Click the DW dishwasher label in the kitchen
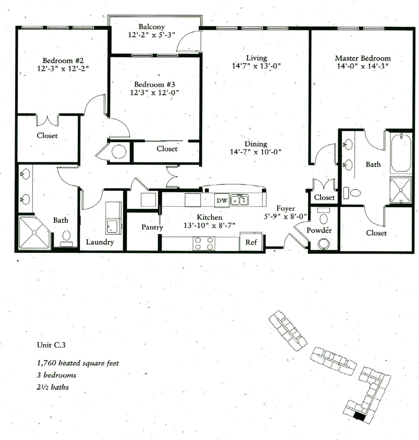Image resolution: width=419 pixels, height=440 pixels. [222, 201]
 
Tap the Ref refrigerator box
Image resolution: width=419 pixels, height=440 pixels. [251, 242]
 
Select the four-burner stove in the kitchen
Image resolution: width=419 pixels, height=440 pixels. [204, 243]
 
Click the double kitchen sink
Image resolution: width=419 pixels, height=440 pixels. [240, 200]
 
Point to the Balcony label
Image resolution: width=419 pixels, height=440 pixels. [152, 27]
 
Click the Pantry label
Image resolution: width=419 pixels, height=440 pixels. [152, 227]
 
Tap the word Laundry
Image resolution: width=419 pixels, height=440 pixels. [100, 242]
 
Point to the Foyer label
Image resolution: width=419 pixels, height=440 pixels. [285, 209]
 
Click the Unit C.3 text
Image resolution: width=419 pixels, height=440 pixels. [51, 345]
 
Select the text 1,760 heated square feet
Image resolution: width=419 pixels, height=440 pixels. [78, 363]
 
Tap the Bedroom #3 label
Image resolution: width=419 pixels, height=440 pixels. [155, 85]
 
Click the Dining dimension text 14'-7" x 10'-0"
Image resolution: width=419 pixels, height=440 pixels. [256, 152]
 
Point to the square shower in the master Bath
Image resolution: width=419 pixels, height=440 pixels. [401, 190]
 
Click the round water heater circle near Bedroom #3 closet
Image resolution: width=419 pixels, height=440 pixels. [119, 152]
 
